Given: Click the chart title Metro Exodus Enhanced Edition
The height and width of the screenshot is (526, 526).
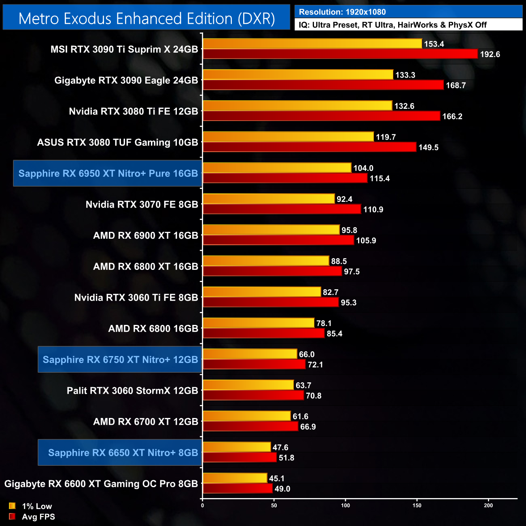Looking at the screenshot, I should click(146, 19).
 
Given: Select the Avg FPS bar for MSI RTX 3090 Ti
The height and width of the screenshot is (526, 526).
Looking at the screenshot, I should click(340, 54).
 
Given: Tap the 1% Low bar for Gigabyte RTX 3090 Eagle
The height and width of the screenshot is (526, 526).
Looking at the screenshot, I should click(298, 74).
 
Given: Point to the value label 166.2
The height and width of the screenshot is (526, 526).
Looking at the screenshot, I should click(452, 117).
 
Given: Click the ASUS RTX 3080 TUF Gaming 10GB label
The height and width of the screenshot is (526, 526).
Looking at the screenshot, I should click(118, 142).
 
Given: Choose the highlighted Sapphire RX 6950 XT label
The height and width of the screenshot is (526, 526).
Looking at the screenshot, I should click(108, 174).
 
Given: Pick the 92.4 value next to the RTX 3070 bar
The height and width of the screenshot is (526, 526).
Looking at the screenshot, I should click(344, 199).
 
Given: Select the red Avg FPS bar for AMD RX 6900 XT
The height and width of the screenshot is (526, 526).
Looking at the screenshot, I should click(278, 240).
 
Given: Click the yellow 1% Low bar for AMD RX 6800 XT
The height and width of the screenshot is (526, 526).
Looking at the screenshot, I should click(266, 261).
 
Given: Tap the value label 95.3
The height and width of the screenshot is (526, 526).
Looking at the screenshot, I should click(348, 303).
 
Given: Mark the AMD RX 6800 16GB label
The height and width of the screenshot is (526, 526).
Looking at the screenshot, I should click(153, 329).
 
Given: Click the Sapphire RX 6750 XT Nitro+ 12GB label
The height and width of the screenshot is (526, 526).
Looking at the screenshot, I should click(120, 360).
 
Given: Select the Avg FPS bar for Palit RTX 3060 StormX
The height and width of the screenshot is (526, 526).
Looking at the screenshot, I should click(253, 395).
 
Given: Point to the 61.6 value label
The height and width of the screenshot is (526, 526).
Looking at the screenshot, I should click(300, 416).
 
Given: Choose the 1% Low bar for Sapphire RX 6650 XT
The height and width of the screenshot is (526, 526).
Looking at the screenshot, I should click(237, 447).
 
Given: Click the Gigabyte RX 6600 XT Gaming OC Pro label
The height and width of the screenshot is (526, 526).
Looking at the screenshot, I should click(101, 484).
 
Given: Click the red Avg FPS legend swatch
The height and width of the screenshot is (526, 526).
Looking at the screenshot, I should click(12, 517).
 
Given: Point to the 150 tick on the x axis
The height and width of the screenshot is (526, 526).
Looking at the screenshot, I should click(417, 505).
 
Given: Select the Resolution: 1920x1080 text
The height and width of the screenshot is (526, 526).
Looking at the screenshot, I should click(342, 12).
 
